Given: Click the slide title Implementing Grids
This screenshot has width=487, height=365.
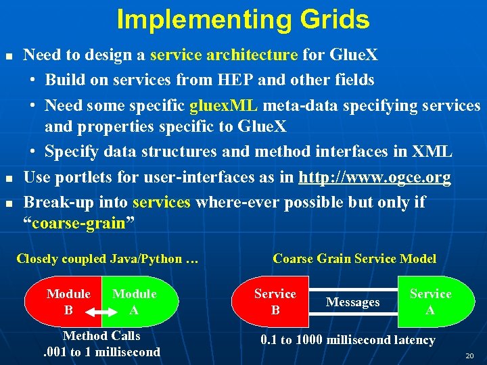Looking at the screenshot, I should pos(243,20).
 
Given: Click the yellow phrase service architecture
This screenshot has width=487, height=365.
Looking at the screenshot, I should pos(223,55).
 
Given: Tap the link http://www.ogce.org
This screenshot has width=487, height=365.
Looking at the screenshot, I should pos(374,177).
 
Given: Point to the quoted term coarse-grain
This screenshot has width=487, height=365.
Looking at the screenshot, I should pos(79,224).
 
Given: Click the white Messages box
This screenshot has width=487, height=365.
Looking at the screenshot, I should pos(352,302).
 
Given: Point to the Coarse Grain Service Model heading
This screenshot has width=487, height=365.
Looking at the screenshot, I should pos(354,258).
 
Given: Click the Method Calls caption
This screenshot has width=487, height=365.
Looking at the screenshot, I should pos(101,335).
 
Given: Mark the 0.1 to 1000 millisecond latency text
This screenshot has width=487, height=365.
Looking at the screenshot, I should pos(348,340).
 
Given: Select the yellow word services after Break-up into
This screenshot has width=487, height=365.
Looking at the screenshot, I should pos(162,202).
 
